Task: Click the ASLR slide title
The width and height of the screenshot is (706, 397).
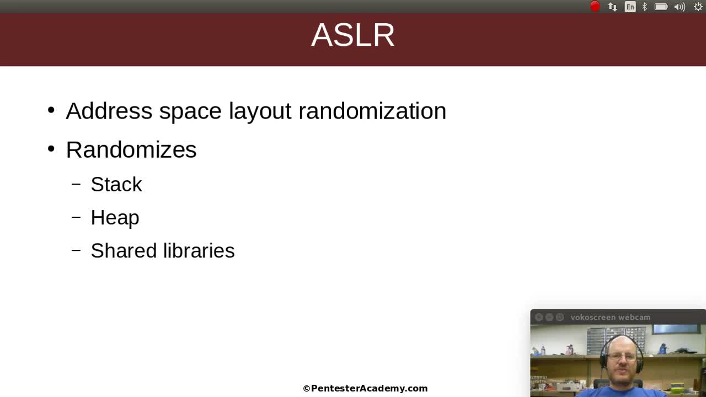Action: click(x=353, y=35)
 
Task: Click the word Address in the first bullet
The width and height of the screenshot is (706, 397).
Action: click(x=109, y=111)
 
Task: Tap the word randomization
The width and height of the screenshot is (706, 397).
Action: click(x=372, y=111)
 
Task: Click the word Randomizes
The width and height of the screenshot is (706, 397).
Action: click(x=131, y=149)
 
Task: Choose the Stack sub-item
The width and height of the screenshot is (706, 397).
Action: click(x=116, y=184)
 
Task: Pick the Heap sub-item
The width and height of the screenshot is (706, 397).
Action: click(x=115, y=218)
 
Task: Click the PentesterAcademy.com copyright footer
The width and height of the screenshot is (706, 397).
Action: click(x=365, y=388)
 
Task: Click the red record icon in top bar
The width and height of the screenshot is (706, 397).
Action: click(x=595, y=7)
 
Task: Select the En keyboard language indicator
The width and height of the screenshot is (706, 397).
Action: click(x=630, y=7)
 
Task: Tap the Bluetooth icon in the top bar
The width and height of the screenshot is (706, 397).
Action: click(x=644, y=7)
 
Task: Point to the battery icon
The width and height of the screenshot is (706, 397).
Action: click(x=661, y=7)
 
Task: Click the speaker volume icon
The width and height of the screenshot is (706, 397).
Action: click(x=680, y=7)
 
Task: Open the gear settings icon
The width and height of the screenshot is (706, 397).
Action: click(x=698, y=7)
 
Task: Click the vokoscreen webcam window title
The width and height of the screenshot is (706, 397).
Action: click(x=610, y=317)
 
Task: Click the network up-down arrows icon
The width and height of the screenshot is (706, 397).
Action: click(x=612, y=7)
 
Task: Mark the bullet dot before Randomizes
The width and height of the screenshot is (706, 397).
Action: click(x=51, y=149)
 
